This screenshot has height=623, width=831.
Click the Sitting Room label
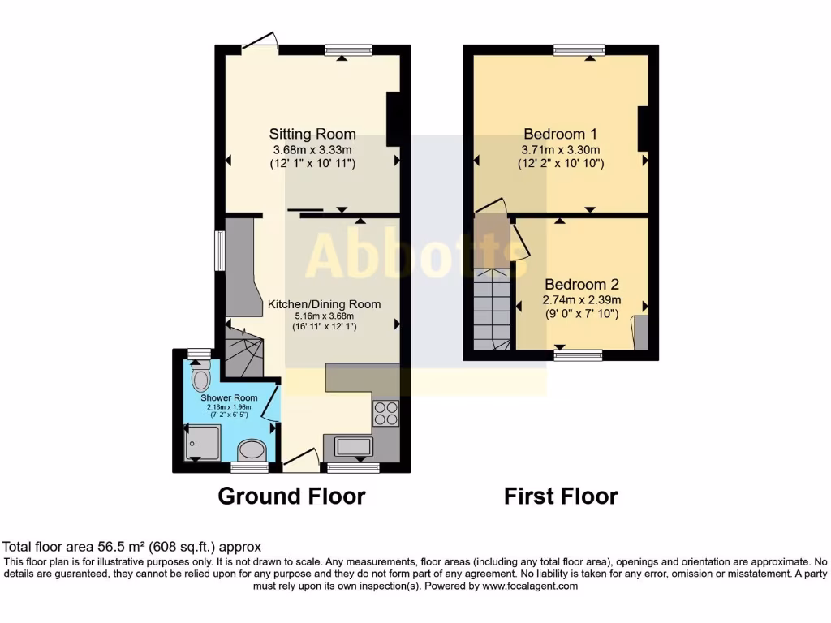312,134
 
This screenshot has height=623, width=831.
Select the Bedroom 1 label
561,134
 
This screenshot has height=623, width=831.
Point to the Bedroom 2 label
581,285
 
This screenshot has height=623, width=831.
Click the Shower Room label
230,398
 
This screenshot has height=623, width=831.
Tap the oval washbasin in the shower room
252,450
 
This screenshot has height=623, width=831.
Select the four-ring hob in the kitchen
385,414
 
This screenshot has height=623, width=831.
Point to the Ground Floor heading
291,496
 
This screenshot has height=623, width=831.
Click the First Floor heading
561,496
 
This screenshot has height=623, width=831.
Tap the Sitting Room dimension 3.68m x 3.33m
312,150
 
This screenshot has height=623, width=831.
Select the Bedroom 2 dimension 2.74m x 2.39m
581,299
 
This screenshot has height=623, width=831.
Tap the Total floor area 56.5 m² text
132,548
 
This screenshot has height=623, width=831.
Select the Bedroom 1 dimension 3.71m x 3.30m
561,150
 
